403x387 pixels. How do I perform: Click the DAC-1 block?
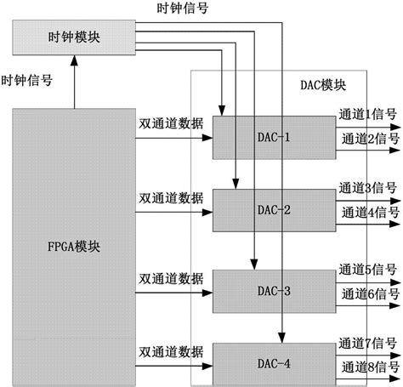coord(275,135)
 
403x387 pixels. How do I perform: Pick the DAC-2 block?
coord(275,209)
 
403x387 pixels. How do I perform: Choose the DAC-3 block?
coord(275,291)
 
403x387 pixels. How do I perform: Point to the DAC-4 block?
coord(275,364)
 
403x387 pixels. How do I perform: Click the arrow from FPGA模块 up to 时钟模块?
coord(74,82)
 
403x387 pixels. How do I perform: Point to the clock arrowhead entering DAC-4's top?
coord(281,339)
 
